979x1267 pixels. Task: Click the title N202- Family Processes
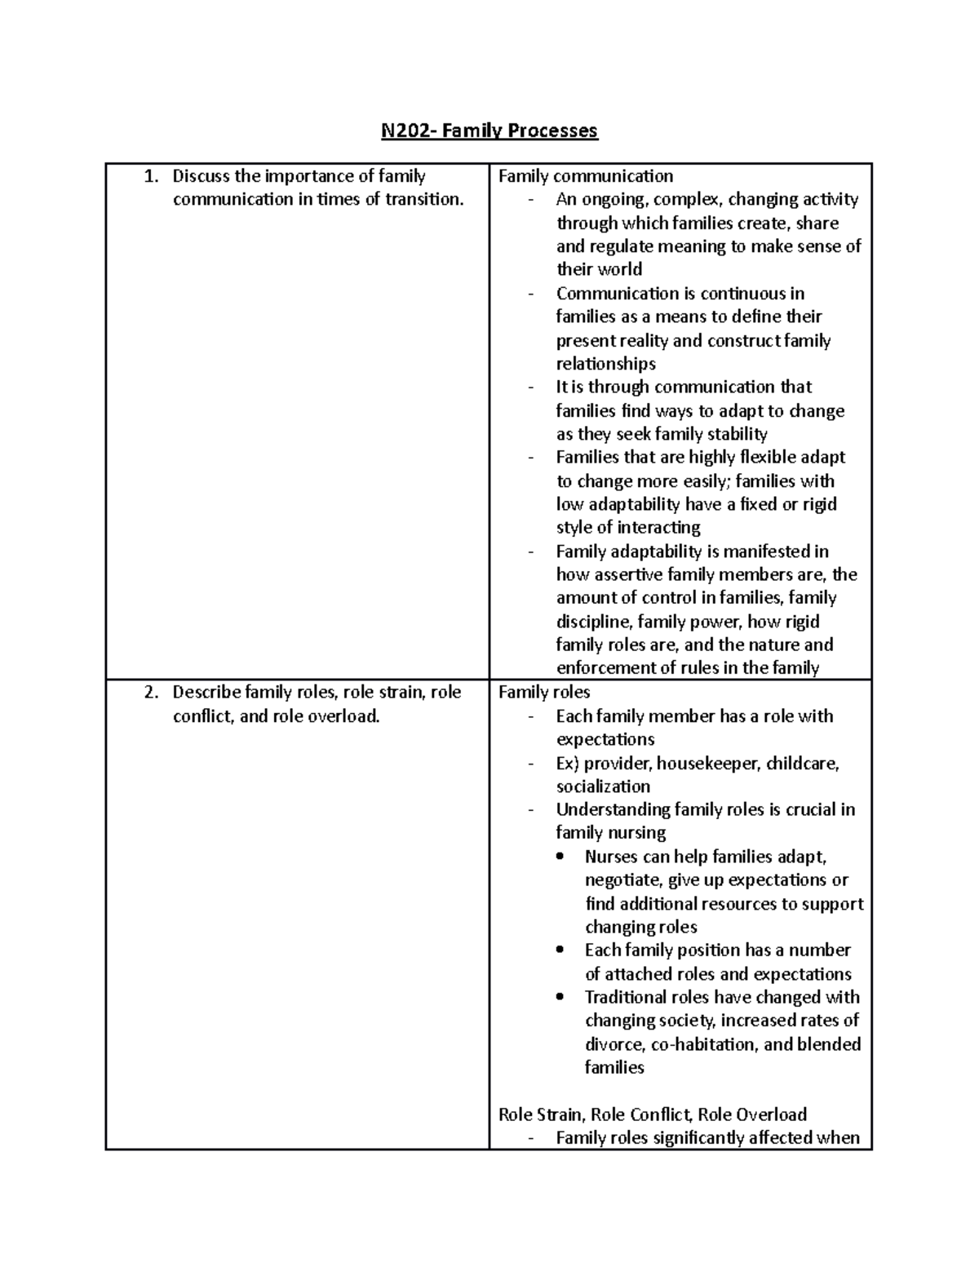tap(489, 131)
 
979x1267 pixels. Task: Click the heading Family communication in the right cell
tap(586, 176)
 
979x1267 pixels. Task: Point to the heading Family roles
tap(544, 693)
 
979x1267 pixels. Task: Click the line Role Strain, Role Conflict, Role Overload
tap(653, 1114)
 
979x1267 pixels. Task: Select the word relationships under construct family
tap(606, 364)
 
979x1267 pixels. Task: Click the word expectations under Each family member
tap(605, 739)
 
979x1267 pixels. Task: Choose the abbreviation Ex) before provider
tap(568, 764)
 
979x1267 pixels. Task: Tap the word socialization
tap(603, 786)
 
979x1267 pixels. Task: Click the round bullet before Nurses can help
tap(559, 857)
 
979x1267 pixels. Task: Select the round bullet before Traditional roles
tap(559, 997)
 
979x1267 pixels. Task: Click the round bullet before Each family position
tap(559, 950)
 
